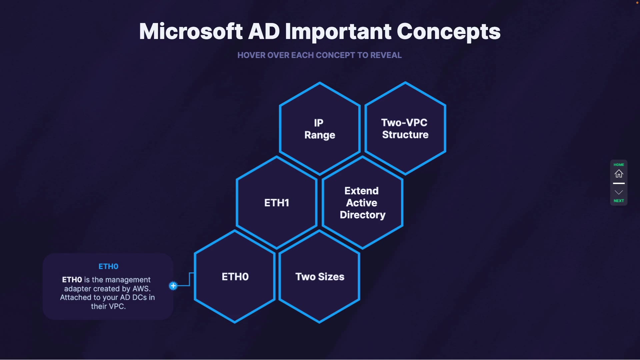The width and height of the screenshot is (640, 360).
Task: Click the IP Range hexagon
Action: pyautogui.click(x=319, y=129)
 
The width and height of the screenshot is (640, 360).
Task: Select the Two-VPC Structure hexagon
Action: pyautogui.click(x=405, y=129)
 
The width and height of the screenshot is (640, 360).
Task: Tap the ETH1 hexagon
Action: pyautogui.click(x=276, y=203)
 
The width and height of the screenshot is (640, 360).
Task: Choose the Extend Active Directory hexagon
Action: pyautogui.click(x=362, y=203)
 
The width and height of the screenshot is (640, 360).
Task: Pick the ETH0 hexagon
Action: pyautogui.click(x=235, y=277)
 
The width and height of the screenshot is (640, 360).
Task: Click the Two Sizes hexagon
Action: pyautogui.click(x=320, y=277)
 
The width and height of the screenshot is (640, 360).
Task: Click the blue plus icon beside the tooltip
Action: pyautogui.click(x=173, y=286)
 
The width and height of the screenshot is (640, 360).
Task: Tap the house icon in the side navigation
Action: pyautogui.click(x=619, y=174)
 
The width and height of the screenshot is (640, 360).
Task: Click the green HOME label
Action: pyautogui.click(x=619, y=165)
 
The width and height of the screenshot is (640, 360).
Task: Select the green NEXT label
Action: pyautogui.click(x=619, y=201)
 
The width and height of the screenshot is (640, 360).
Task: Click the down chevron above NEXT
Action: pyautogui.click(x=619, y=192)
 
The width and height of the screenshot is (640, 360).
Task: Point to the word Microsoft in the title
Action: pyautogui.click(x=191, y=32)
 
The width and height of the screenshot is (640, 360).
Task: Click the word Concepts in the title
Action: pyautogui.click(x=448, y=32)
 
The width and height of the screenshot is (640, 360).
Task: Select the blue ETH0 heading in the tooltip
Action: pyautogui.click(x=108, y=266)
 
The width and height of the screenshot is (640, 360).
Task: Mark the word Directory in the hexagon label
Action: pyautogui.click(x=362, y=215)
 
